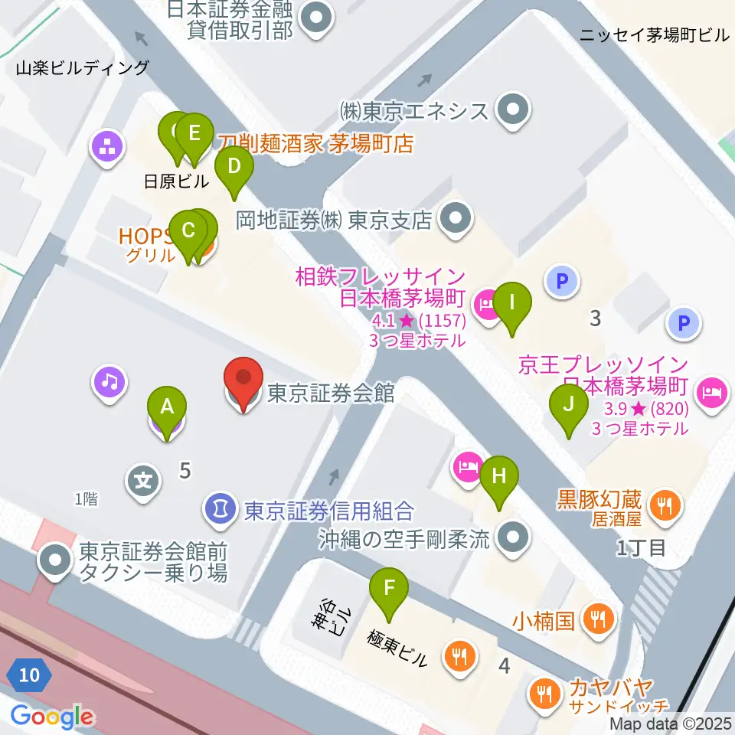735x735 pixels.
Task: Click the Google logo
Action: (52, 717)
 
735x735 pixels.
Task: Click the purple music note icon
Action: (109, 381)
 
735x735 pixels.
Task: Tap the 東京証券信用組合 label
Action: (329, 510)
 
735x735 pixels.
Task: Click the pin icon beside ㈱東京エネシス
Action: (512, 110)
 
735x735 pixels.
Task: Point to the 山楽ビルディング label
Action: (83, 68)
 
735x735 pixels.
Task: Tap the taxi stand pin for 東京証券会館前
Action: (55, 561)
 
